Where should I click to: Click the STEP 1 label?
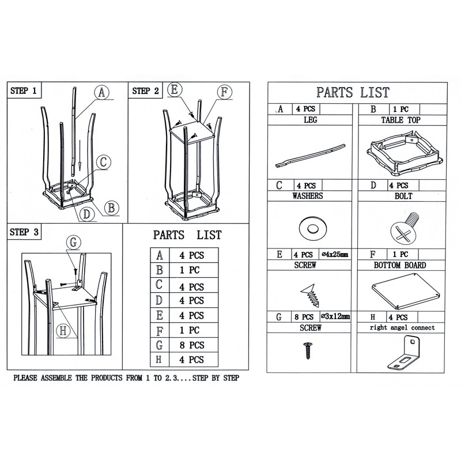(x=24, y=90)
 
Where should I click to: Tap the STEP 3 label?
(x=24, y=232)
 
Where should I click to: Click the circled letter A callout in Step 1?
(x=101, y=92)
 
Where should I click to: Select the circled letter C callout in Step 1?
(x=101, y=163)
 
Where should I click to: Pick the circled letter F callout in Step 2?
(x=224, y=92)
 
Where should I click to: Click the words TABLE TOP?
(x=400, y=120)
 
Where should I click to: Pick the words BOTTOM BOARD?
(x=399, y=266)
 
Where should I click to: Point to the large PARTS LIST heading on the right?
(x=353, y=92)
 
